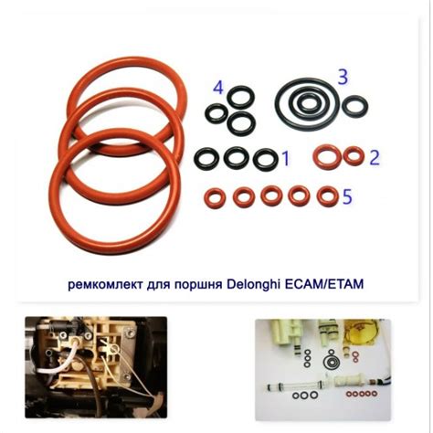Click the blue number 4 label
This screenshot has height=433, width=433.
217,88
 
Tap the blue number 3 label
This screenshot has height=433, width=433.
343,77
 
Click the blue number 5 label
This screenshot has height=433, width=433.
346,196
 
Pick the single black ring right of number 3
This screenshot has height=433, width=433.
354,107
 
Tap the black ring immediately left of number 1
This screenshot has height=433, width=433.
265,159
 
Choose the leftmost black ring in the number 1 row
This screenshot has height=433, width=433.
207,159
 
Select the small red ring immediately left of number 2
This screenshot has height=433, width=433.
353,155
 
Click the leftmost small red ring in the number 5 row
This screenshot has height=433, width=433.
216,196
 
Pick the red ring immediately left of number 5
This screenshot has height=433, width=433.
326,195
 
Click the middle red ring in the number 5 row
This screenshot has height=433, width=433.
271,195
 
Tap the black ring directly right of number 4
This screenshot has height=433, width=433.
240,95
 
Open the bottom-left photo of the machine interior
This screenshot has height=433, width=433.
95,366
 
